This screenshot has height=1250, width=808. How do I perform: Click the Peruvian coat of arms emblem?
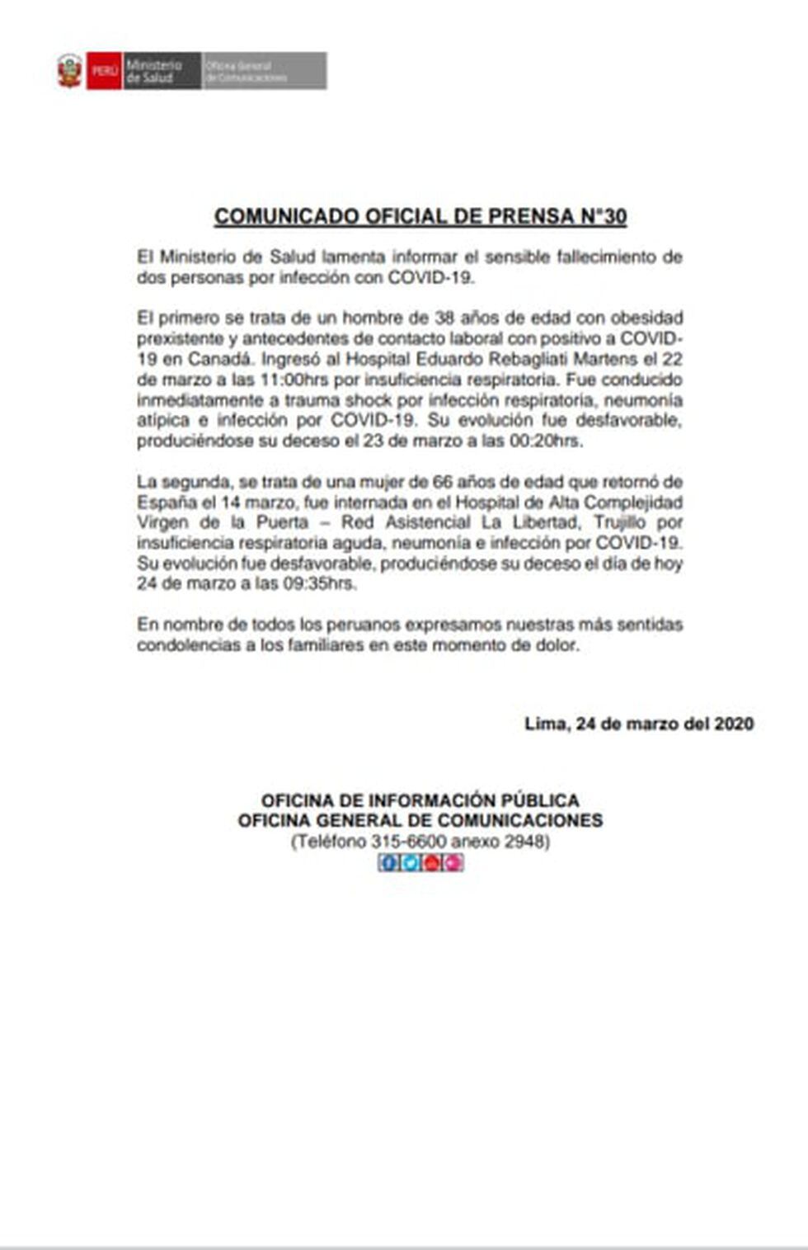pyautogui.click(x=70, y=71)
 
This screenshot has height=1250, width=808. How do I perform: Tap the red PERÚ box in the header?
pyautogui.click(x=105, y=71)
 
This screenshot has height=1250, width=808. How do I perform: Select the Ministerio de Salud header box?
pyautogui.click(x=161, y=71)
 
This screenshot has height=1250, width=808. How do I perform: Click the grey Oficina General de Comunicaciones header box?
pyautogui.click(x=264, y=71)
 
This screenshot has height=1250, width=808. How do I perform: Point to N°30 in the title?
pyautogui.click(x=604, y=216)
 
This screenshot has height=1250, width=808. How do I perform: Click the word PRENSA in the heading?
pyautogui.click(x=531, y=216)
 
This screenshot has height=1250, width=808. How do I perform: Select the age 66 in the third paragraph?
pyautogui.click(x=444, y=482)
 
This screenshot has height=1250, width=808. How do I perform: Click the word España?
pyautogui.click(x=163, y=502)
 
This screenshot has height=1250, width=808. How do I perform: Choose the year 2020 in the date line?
pyautogui.click(x=734, y=724)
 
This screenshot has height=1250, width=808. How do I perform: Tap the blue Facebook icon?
pyautogui.click(x=388, y=863)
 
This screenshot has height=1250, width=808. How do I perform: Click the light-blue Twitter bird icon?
pyautogui.click(x=410, y=863)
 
